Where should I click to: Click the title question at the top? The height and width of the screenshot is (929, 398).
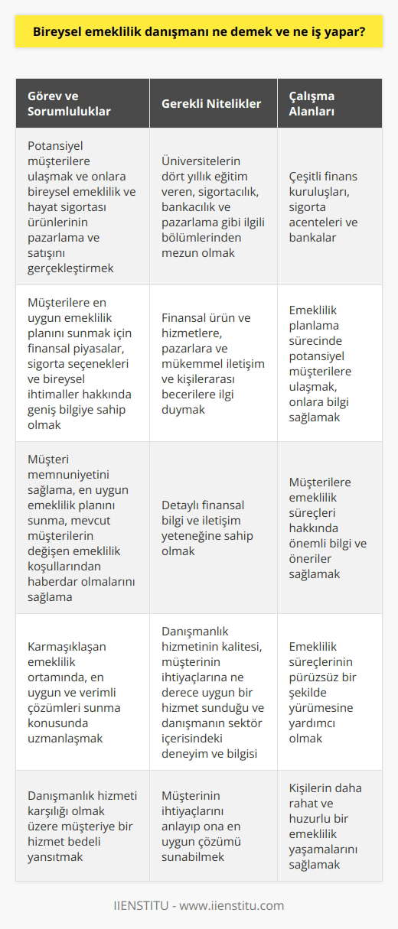coord(199,34)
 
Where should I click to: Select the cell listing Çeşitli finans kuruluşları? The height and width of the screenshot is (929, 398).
coord(330,206)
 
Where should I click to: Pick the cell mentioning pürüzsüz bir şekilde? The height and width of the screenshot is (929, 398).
coord(330,691)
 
